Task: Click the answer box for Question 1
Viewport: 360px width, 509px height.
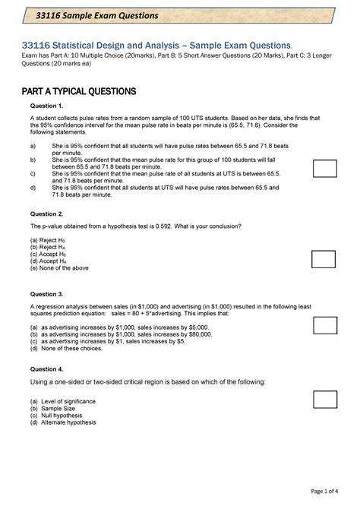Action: pos(325,169)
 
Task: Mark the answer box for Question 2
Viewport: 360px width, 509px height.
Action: pos(325,259)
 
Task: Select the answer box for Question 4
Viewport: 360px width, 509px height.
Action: pos(325,399)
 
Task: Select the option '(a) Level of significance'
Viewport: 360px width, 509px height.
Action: pos(67,401)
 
